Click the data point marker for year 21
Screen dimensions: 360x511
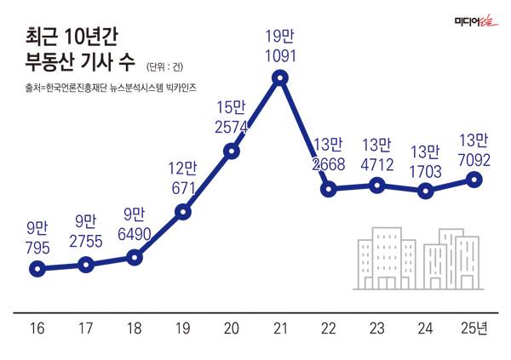pos(279,78)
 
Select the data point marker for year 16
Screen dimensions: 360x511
pos(37,269)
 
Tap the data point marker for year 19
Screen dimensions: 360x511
pos(182,212)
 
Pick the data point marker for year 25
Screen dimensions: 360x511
pos(475,180)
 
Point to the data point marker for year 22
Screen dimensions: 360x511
pos(328,188)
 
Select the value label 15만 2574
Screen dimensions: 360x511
pos(231,116)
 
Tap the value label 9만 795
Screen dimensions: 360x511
pos(37,237)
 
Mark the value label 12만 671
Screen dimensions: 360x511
pos(182,176)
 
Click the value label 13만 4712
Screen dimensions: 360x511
pos(377,155)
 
